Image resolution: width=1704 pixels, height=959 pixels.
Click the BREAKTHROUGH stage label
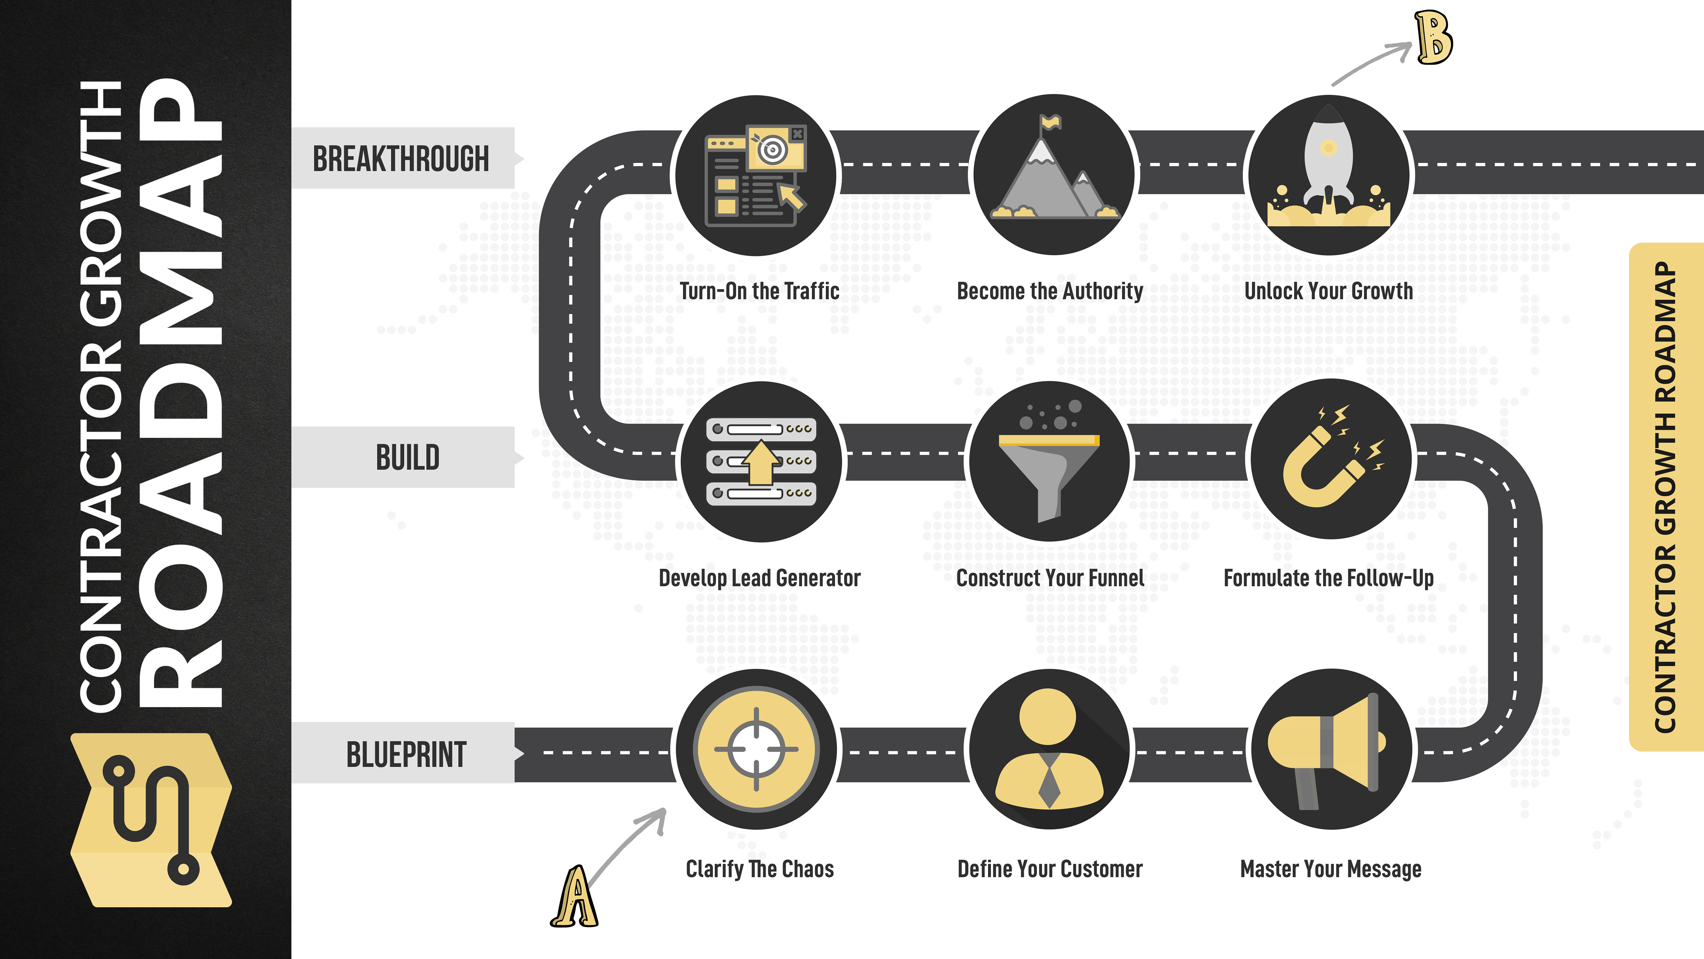401,159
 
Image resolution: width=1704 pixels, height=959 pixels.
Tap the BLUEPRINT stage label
406,754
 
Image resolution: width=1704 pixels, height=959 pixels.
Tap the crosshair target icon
757,749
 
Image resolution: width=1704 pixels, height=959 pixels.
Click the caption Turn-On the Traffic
759,291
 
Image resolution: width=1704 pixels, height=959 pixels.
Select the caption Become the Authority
1050,291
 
